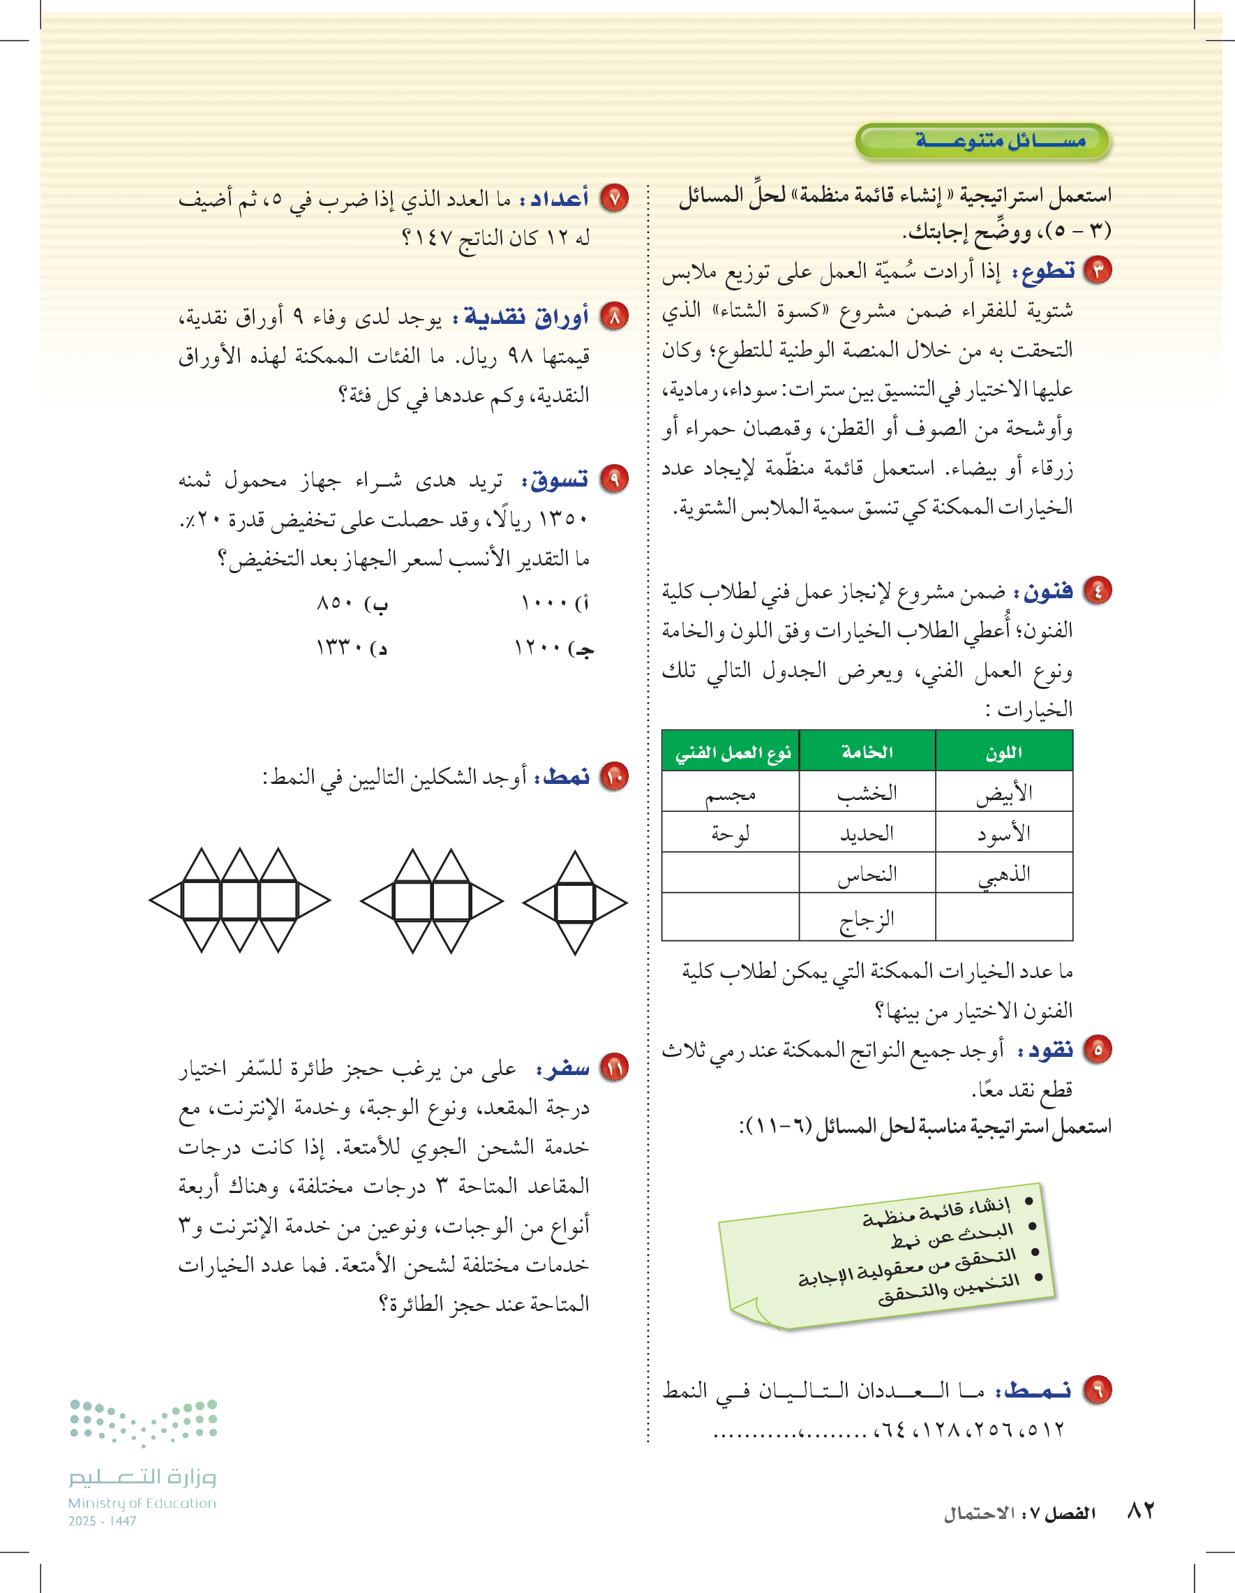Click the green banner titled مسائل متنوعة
point(982,141)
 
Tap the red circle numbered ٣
point(1098,271)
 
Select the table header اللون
point(1004,752)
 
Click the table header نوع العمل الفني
point(731,752)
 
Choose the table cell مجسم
point(731,794)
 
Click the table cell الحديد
point(867,833)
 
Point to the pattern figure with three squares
point(240,900)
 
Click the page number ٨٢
point(1141,1510)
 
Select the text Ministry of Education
point(142,1503)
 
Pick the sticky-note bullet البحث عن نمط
point(952,1235)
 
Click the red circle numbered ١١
point(614,1069)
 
